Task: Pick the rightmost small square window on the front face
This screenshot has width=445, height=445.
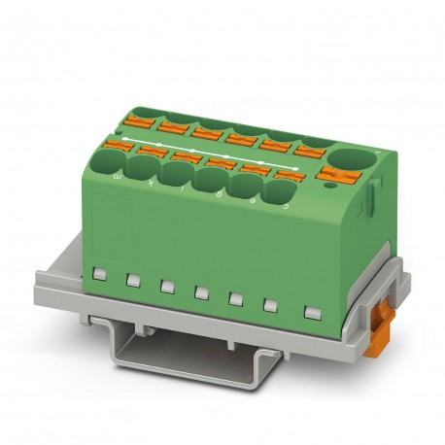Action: point(311,313)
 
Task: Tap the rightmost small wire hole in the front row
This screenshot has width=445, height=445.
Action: point(274,191)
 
